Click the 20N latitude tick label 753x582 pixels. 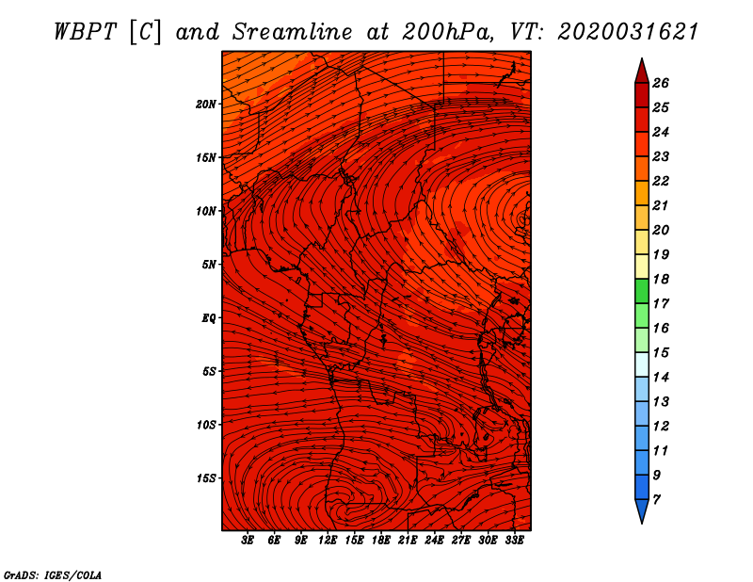point(206,105)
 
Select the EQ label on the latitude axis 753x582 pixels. point(209,318)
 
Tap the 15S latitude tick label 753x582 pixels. point(206,478)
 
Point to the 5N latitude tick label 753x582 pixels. point(209,265)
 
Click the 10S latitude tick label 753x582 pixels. point(206,425)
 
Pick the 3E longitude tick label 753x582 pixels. point(248,541)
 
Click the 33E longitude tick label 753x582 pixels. point(514,541)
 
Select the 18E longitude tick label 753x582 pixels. point(381,541)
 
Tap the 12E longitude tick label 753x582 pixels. point(328,541)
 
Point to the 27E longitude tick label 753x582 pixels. point(461,541)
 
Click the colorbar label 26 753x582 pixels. point(661,83)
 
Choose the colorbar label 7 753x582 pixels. point(656,500)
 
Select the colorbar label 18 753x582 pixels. point(661,279)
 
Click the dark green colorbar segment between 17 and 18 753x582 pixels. point(642,291)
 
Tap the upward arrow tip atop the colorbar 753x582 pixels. point(642,58)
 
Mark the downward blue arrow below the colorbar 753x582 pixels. point(642,510)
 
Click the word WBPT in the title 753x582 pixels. point(86,32)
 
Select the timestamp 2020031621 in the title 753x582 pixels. point(628,32)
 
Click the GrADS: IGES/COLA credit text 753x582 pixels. point(53,575)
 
